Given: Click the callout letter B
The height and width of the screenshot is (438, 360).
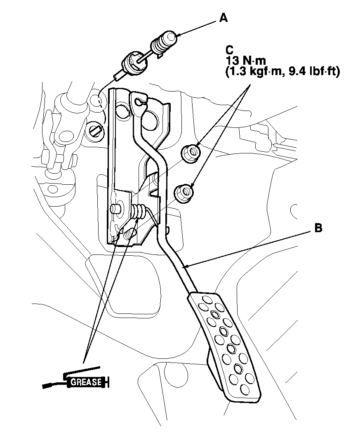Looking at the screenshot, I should tap(318, 228).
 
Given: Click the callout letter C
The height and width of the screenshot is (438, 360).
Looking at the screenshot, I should tap(229, 50).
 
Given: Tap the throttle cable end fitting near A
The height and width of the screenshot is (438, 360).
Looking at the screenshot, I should tap(165, 43).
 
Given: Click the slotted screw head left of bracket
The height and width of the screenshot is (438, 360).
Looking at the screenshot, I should tap(95, 130).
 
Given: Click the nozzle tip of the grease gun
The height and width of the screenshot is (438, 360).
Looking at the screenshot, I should tap(45, 386).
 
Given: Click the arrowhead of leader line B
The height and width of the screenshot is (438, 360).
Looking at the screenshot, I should tap(186, 266).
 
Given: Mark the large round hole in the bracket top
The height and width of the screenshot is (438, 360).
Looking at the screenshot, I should tap(147, 119).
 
